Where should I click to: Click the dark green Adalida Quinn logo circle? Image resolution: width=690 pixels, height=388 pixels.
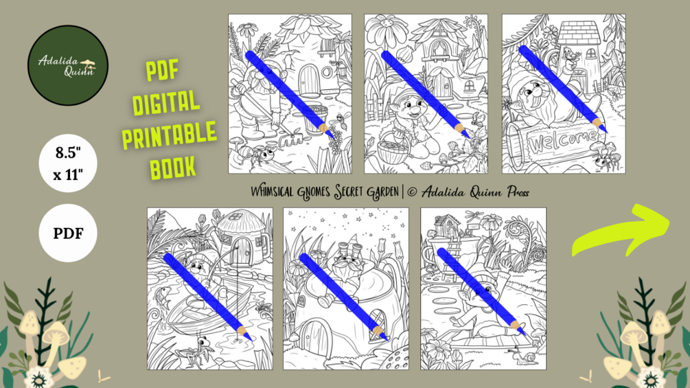pyautogui.click(x=68, y=65)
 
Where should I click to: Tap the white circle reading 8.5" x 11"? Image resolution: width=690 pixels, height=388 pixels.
pyautogui.click(x=68, y=163)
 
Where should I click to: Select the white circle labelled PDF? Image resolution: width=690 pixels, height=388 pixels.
pyautogui.click(x=68, y=233)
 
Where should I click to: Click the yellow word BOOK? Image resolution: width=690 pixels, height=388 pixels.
pyautogui.click(x=172, y=168)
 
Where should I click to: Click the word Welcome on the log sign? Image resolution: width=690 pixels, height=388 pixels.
pyautogui.click(x=564, y=141)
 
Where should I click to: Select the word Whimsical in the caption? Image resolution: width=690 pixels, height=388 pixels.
pyautogui.click(x=272, y=192)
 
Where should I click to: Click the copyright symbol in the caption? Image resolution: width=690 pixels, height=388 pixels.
pyautogui.click(x=413, y=192)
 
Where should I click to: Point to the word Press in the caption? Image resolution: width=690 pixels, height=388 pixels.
pyautogui.click(x=518, y=192)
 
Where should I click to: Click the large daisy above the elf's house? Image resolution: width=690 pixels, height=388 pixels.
pyautogui.click(x=387, y=32)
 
